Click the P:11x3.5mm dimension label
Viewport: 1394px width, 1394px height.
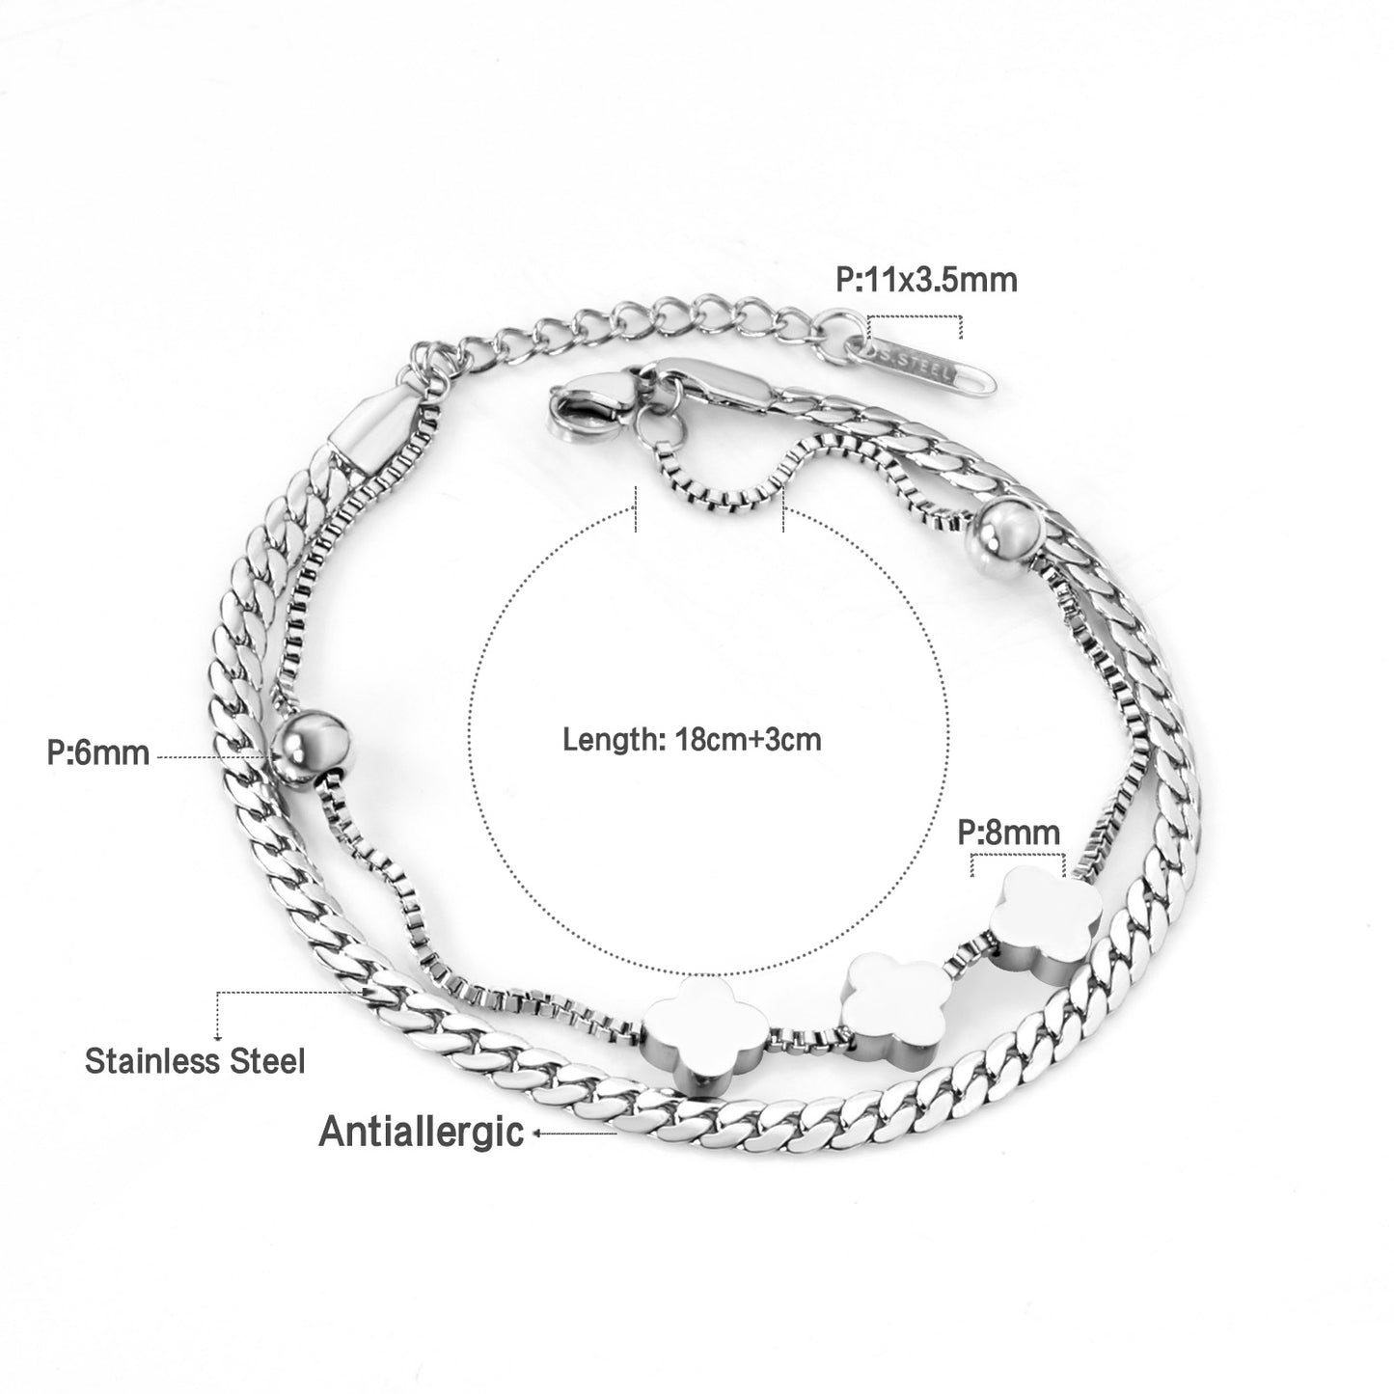[x=926, y=279]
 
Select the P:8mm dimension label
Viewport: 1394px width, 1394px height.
[x=1008, y=833]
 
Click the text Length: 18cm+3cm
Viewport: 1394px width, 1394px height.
[x=692, y=740]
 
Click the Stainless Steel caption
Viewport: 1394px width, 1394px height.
[x=195, y=1061]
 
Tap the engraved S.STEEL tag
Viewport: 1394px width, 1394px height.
[x=930, y=369]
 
